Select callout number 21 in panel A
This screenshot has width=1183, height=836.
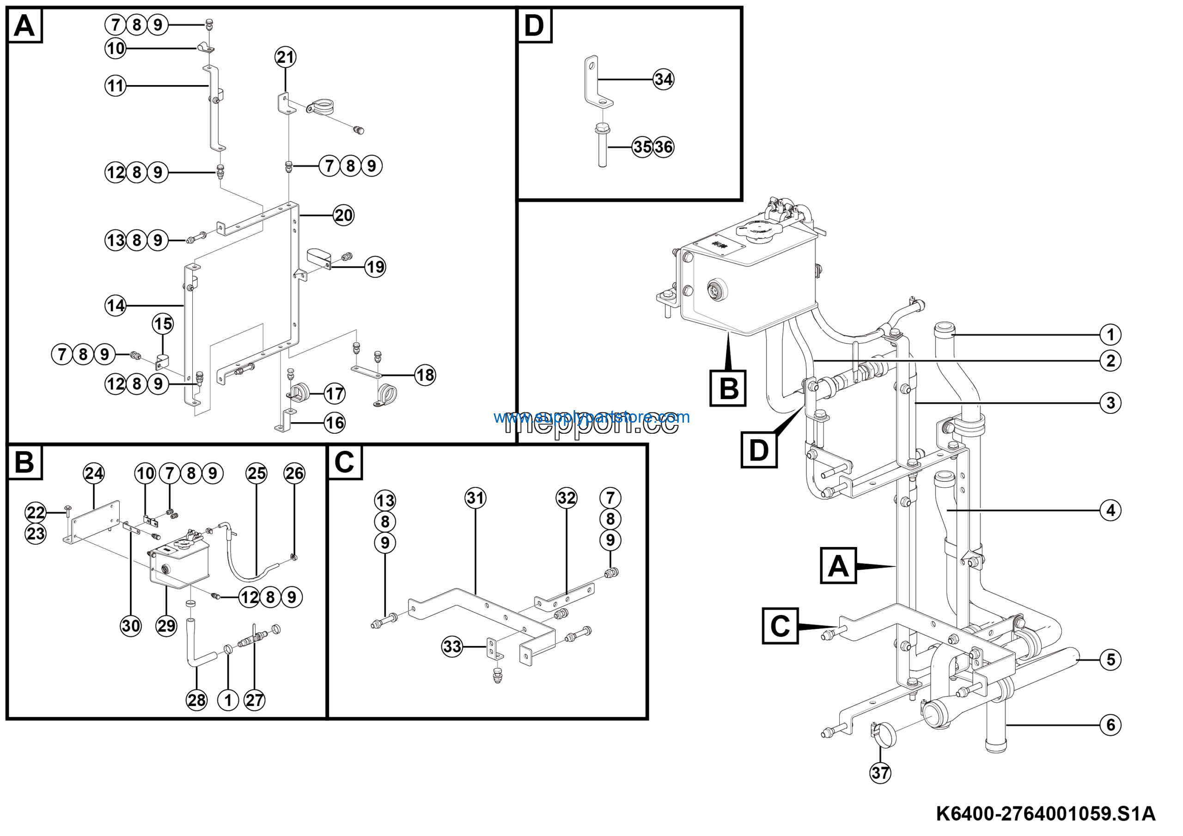[286, 57]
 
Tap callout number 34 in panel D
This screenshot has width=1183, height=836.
[663, 80]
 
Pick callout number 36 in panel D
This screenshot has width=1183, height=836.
[664, 147]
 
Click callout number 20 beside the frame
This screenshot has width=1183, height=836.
[344, 215]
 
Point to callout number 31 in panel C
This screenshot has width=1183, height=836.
[475, 498]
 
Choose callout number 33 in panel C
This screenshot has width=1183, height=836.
[452, 646]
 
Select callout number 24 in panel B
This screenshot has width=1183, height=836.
[94, 473]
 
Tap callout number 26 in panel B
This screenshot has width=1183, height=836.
[294, 473]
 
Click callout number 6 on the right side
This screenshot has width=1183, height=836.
[1110, 725]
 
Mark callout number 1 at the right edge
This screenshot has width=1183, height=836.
[1110, 334]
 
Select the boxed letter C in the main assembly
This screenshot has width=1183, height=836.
[780, 626]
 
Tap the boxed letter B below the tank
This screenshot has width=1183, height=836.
[728, 388]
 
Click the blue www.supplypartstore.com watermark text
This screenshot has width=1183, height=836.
[591, 417]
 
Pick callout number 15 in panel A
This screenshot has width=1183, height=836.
[163, 324]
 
